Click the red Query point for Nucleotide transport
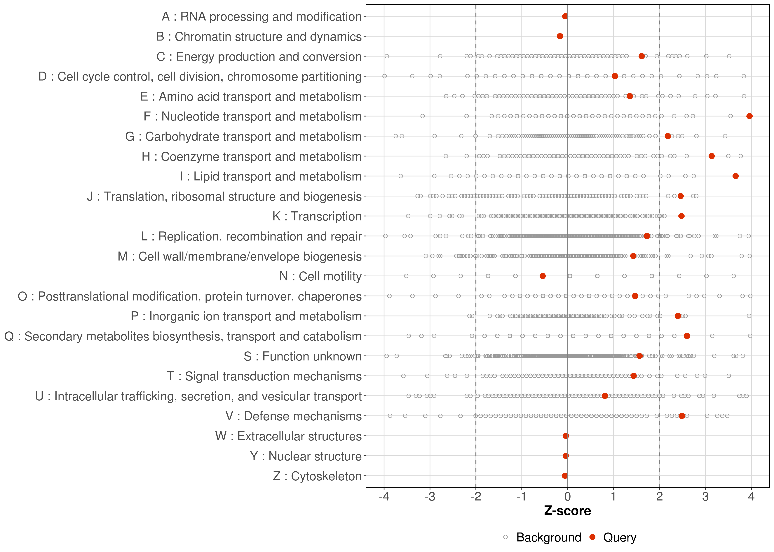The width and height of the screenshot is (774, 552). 749,116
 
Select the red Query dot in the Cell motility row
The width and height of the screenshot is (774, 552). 543,276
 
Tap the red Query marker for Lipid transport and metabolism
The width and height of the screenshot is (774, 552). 735,176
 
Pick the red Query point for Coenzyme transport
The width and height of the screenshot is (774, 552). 711,156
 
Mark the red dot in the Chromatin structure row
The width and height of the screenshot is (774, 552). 560,36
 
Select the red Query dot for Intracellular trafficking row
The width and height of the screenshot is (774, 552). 605,396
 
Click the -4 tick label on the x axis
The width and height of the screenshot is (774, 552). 384,497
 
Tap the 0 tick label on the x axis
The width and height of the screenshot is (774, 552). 567,497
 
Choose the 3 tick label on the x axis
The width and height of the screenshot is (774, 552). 705,497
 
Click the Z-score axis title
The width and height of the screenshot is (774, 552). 567,511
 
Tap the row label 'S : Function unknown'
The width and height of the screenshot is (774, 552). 303,357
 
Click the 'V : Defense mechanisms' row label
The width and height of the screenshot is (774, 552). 293,416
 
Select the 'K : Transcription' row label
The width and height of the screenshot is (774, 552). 317,217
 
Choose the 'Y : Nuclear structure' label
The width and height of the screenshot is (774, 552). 306,456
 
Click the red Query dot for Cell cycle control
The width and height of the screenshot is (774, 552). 615,76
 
